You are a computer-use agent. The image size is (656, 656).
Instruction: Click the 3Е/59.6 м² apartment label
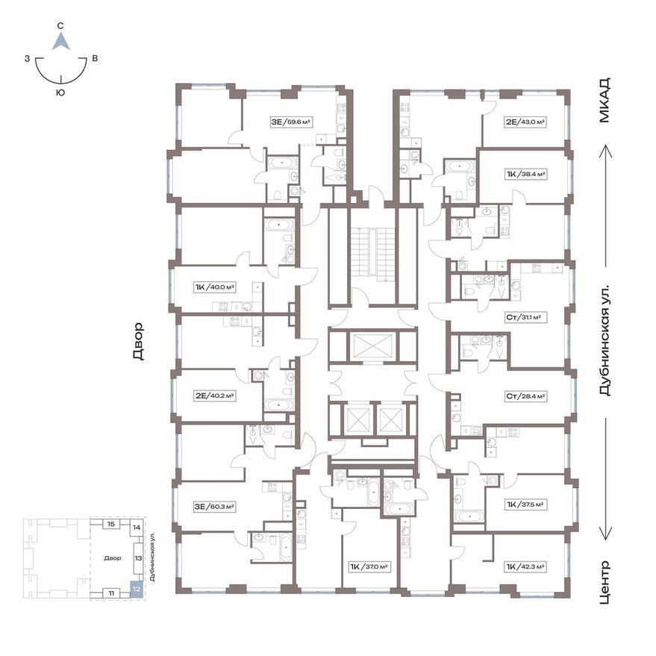(292, 122)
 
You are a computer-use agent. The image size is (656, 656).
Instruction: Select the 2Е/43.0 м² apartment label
(525, 122)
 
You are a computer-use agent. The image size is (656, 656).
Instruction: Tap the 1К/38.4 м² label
(526, 174)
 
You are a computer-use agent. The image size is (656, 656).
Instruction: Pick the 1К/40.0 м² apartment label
(215, 287)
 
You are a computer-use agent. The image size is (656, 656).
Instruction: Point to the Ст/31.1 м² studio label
(524, 317)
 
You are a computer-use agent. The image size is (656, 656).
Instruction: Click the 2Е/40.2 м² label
(215, 396)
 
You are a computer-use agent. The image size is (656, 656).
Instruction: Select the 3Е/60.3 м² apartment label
(213, 507)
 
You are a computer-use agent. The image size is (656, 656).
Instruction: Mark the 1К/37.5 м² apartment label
(525, 505)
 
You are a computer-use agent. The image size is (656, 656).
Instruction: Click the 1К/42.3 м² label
(525, 567)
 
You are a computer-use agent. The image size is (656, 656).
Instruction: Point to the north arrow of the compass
(61, 42)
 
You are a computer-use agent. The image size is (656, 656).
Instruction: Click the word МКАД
(605, 100)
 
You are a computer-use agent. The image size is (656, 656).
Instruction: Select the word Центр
(605, 582)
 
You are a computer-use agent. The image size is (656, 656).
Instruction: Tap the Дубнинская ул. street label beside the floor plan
(605, 341)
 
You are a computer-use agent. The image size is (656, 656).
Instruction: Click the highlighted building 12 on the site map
(137, 589)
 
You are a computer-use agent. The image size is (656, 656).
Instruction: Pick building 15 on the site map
(111, 524)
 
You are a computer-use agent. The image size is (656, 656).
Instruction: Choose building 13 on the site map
(138, 558)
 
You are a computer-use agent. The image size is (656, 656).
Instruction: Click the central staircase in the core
(373, 255)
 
